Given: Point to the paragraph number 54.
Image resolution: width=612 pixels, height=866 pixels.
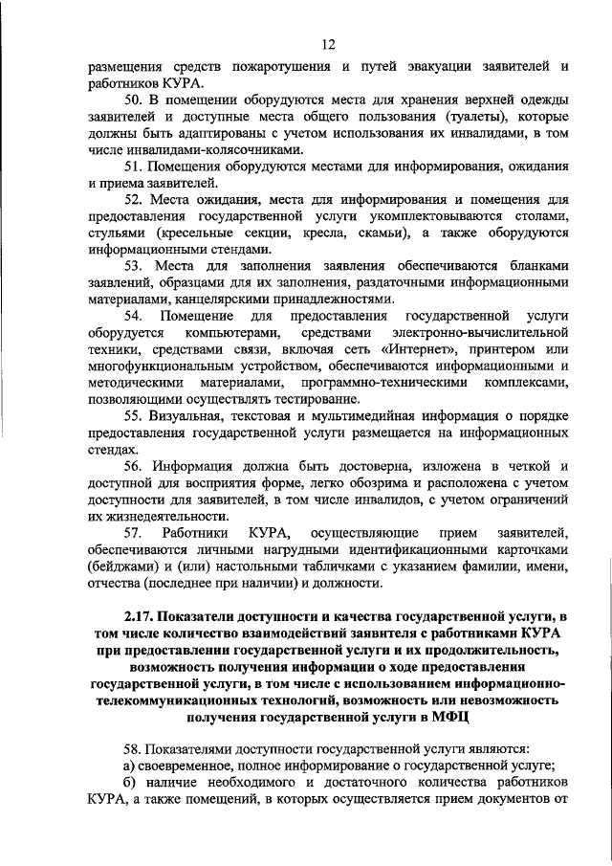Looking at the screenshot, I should coord(135,314).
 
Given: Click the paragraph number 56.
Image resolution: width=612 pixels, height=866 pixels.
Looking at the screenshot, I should coord(135,465).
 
